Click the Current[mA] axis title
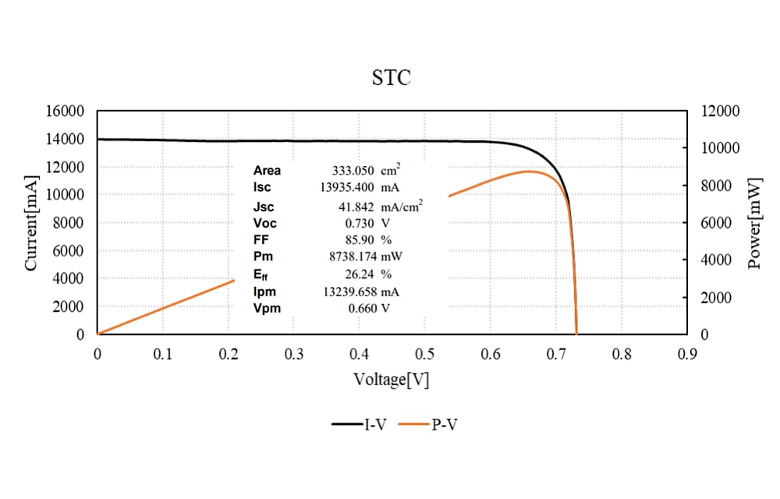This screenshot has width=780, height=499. pos(31,222)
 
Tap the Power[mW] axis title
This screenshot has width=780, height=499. pos(753,222)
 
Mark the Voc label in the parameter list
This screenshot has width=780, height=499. pos(264,223)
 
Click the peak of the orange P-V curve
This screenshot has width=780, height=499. pos(529,171)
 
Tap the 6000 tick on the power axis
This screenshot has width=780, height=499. pos(714,223)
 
